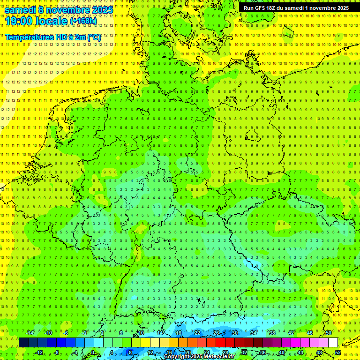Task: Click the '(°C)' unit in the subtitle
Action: tap(93, 37)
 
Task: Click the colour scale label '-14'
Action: tap(30, 333)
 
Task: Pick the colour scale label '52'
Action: tap(338, 352)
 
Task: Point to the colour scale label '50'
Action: tap(329, 333)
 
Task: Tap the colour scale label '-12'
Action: tap(39, 352)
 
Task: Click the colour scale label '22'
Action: tap(197, 333)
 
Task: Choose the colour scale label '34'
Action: tap(254, 333)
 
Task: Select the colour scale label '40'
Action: tap(282, 352)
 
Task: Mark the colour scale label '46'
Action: tap(310, 333)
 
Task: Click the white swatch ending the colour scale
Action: tap(333, 343)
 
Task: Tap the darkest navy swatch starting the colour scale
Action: tap(23, 343)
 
